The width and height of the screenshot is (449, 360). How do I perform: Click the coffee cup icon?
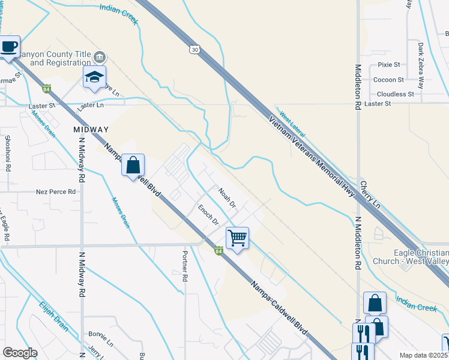[x=9, y=47]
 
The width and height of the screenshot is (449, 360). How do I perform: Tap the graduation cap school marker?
[x=95, y=77]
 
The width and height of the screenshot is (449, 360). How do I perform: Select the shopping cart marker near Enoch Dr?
[x=238, y=238]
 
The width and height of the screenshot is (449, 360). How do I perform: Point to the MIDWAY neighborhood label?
[x=91, y=130]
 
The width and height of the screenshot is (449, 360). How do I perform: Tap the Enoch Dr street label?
[x=208, y=214]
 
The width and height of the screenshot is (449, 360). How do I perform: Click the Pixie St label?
[x=389, y=64]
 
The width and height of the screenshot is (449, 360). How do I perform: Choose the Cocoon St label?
[x=388, y=79]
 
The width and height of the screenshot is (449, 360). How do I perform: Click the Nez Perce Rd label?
[x=56, y=192]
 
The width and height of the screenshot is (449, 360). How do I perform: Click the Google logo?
[x=20, y=353]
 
